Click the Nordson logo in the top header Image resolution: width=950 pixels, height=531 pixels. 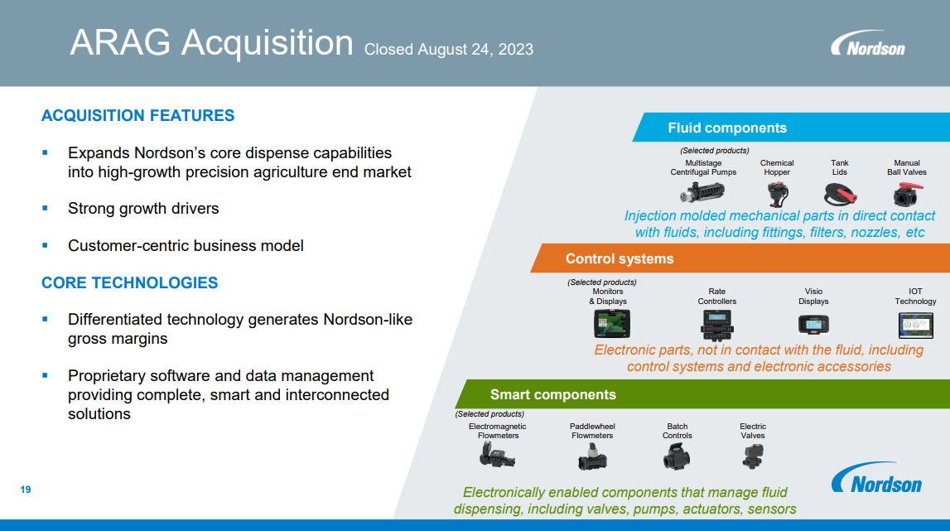click(868, 44)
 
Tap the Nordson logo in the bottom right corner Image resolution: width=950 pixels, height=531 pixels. click(876, 478)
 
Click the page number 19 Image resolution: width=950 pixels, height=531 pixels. click(26, 490)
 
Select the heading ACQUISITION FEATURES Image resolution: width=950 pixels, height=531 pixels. click(137, 115)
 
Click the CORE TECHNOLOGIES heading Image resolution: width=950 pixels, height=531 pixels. click(130, 282)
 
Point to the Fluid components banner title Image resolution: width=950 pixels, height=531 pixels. click(727, 128)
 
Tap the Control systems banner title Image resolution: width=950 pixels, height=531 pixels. click(620, 258)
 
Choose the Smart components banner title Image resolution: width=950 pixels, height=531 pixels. click(552, 394)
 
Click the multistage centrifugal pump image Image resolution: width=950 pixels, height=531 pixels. click(702, 193)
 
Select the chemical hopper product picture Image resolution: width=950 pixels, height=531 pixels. click(777, 195)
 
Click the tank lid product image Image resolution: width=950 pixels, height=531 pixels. click(840, 195)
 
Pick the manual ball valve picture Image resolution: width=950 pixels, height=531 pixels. click(908, 195)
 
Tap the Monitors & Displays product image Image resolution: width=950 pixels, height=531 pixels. click(611, 323)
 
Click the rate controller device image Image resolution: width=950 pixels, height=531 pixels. click(716, 325)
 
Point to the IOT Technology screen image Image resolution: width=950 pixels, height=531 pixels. click(915, 325)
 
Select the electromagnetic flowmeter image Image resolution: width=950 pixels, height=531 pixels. click(497, 455)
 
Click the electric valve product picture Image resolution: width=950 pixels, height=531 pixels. click(753, 456)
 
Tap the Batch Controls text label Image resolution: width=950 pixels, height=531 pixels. click(677, 431)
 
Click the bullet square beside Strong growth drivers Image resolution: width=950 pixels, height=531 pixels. click(45, 208)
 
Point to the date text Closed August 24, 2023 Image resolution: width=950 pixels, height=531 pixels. click(448, 49)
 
